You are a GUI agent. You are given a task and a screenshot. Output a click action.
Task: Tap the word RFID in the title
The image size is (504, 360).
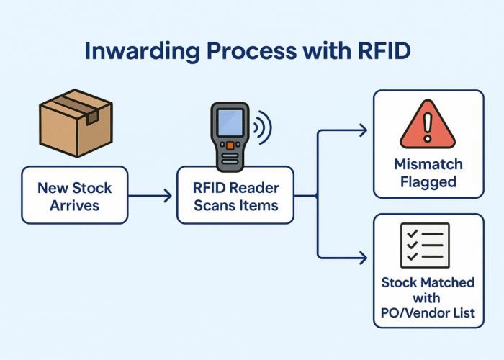tap(386, 53)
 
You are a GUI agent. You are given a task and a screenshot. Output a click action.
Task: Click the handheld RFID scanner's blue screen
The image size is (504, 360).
tap(228, 125)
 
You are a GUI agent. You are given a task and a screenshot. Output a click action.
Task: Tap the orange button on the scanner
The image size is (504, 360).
tap(229, 146)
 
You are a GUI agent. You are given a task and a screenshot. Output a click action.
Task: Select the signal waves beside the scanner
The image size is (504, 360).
tap(263, 128)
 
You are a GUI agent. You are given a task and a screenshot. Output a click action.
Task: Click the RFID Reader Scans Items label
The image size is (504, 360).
tap(235, 194)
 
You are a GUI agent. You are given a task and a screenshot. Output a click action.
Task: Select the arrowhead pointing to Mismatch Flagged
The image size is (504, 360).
tap(362, 130)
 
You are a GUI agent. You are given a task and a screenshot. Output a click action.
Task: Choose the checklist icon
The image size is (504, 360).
tap(425, 245)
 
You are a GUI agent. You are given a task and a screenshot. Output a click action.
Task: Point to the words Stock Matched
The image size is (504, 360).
tap(428, 282)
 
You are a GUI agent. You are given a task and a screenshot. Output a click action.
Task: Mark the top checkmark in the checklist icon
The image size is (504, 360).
tap(411, 233)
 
